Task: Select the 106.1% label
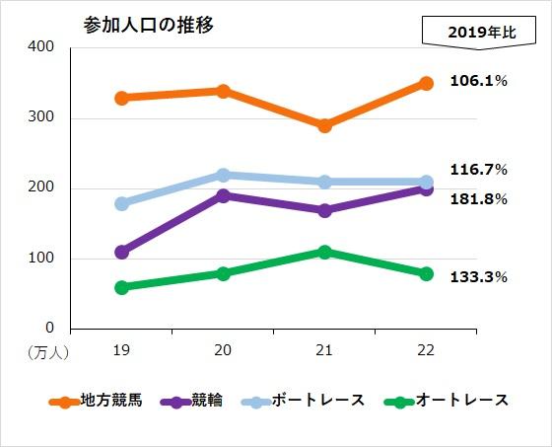[478, 81]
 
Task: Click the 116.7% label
[478, 170]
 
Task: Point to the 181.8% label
[478, 199]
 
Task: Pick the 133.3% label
[478, 277]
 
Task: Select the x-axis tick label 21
[324, 349]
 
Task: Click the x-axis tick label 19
[121, 349]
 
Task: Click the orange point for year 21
[324, 125]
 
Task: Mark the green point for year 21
[324, 252]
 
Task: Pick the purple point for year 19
[121, 252]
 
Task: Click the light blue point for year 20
[223, 175]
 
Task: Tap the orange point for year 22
[426, 83]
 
